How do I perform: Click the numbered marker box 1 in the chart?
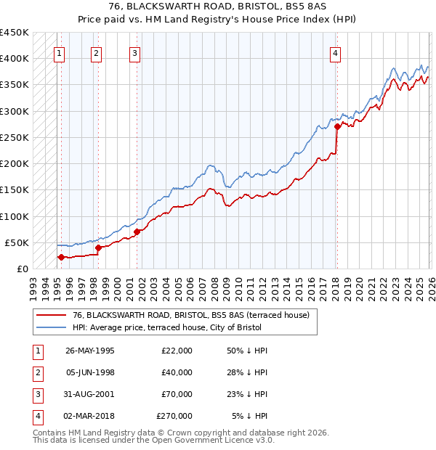59,52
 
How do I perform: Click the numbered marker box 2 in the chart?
96,52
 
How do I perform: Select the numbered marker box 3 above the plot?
135,52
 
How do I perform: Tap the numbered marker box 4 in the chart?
335,52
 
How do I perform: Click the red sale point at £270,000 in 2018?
337,127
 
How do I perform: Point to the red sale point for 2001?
137,232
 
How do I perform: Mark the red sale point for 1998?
98,247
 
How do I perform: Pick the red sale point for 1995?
61,257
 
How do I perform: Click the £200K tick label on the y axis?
15,164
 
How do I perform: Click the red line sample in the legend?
52,315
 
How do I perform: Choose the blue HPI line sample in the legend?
52,327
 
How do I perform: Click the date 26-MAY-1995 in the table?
89,351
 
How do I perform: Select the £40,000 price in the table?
177,372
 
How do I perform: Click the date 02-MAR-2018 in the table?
89,416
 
